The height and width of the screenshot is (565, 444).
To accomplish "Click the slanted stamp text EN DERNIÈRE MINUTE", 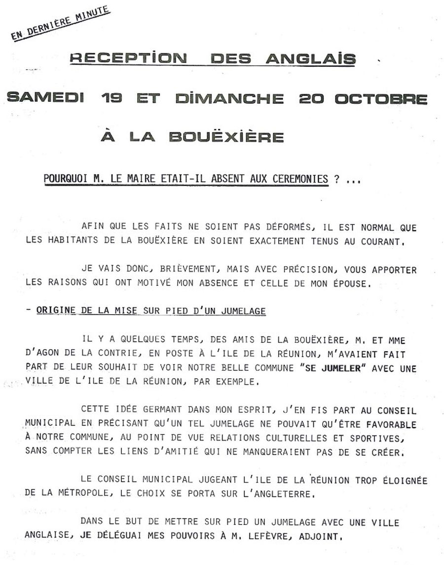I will [x=60, y=23].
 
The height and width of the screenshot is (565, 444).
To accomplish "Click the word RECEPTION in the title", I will [x=128, y=59].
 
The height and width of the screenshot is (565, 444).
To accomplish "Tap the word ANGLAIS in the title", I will [x=311, y=59].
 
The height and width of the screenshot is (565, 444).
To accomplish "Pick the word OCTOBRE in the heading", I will [x=381, y=98].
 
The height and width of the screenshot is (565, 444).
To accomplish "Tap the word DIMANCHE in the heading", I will [x=229, y=98].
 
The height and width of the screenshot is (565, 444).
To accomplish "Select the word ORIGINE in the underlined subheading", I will [x=56, y=311].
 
